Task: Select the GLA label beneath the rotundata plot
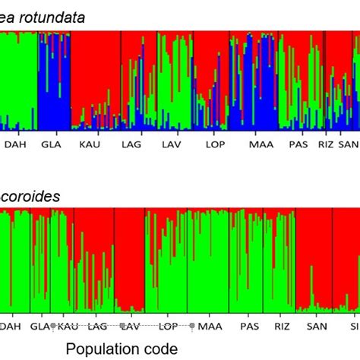(x=51, y=144)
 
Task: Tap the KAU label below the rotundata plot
(x=90, y=144)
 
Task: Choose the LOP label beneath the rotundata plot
(x=215, y=144)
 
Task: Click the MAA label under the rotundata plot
(x=260, y=144)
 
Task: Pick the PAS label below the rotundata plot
(x=298, y=144)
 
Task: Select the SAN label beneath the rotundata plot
(x=348, y=144)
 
